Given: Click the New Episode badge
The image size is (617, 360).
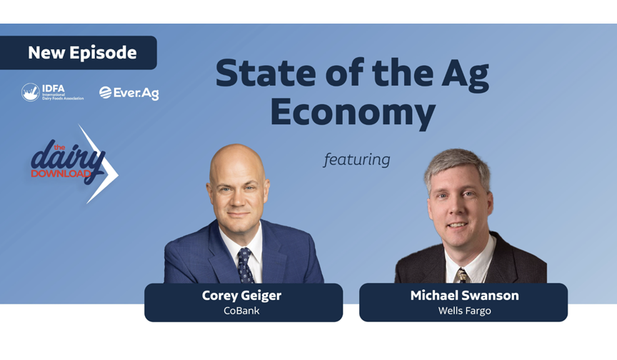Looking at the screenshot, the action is click(x=79, y=53).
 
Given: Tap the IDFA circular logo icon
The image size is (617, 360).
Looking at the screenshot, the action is click(x=30, y=92).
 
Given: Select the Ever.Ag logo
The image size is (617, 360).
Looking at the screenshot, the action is click(x=129, y=94).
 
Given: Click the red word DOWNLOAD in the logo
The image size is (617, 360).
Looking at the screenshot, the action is click(x=61, y=174).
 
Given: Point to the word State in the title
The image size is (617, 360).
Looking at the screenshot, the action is click(x=266, y=73).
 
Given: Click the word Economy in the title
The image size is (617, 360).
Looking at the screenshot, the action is click(x=353, y=113).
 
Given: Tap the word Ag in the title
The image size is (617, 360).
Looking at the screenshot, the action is click(x=466, y=75).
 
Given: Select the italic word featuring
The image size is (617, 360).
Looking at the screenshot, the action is click(x=357, y=160).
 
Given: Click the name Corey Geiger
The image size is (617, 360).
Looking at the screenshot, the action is click(x=241, y=296).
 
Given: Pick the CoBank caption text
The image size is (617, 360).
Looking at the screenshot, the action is click(x=241, y=311).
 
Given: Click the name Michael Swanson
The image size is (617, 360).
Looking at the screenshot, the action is click(x=464, y=296).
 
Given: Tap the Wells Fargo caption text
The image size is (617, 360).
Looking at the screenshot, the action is click(x=464, y=311).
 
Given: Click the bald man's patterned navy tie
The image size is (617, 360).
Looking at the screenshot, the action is click(x=245, y=266).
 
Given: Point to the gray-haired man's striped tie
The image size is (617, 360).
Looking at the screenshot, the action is click(x=462, y=276).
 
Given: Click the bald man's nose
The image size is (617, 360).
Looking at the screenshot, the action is click(x=238, y=200).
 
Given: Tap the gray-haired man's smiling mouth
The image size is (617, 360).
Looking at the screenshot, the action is click(x=457, y=226).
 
